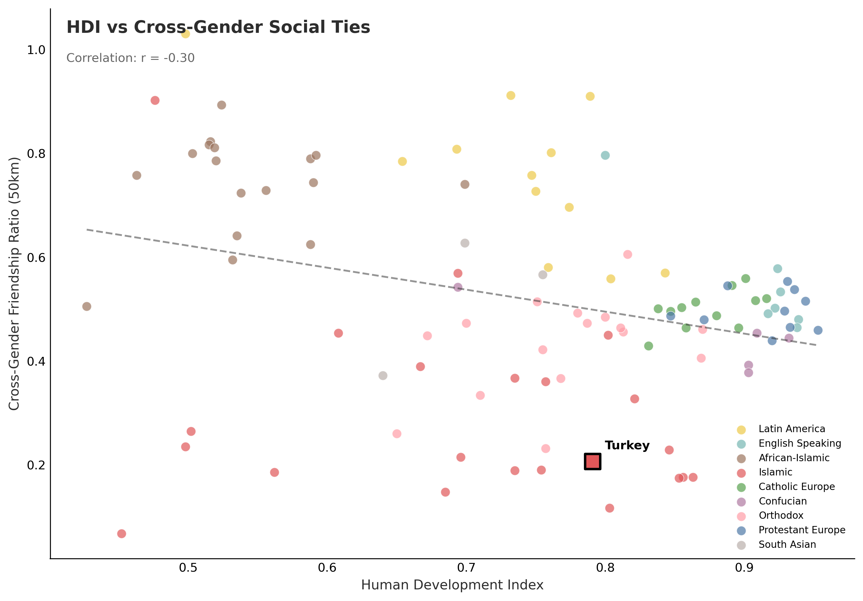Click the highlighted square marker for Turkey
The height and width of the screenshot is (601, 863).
(x=592, y=462)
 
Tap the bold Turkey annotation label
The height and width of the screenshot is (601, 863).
(x=627, y=446)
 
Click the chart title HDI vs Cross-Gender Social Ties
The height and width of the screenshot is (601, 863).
(x=218, y=27)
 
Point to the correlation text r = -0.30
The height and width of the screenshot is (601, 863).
(x=131, y=58)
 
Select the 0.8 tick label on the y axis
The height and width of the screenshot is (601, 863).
(x=36, y=154)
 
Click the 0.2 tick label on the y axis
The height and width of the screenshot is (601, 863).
(x=36, y=465)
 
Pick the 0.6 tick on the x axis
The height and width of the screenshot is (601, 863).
(x=327, y=568)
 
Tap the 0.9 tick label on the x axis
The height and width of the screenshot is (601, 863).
(x=744, y=568)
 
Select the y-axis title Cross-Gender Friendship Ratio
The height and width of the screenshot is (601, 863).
(x=14, y=284)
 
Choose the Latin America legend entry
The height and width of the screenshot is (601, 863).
(x=791, y=429)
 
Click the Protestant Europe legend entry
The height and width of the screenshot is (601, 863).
(x=802, y=530)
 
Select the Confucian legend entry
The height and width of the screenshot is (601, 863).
(x=782, y=501)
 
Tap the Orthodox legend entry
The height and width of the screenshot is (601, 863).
(x=781, y=515)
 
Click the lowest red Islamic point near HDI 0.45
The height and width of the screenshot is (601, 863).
(x=122, y=534)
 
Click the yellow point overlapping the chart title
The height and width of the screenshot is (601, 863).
(x=185, y=34)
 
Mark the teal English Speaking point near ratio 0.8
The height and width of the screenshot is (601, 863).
(x=605, y=155)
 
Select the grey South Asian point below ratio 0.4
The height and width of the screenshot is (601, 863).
(x=383, y=375)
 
